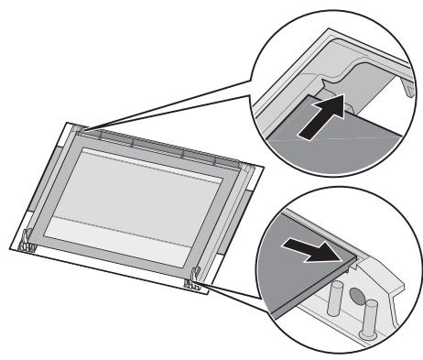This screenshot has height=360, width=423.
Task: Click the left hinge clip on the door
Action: (28, 242)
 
